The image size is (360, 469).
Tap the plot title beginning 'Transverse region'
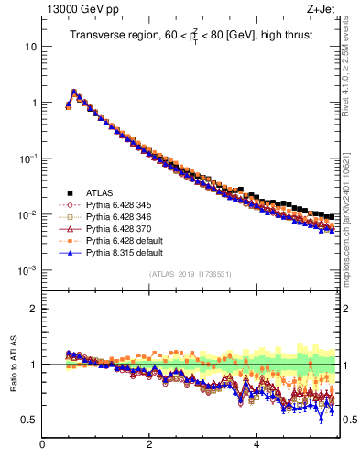point(189,36)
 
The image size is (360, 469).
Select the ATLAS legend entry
point(100,192)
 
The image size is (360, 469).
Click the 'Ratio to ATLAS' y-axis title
point(13,365)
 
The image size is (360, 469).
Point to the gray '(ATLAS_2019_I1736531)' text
point(189,274)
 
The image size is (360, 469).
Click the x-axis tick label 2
point(149,444)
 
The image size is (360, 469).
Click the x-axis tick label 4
point(256,444)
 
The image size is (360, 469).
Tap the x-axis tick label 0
point(42,444)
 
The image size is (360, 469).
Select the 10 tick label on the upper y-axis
point(31,46)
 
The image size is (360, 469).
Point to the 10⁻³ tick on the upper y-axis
point(27,271)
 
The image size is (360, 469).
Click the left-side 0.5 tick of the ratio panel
point(29,420)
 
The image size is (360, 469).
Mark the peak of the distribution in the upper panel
point(74,92)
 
